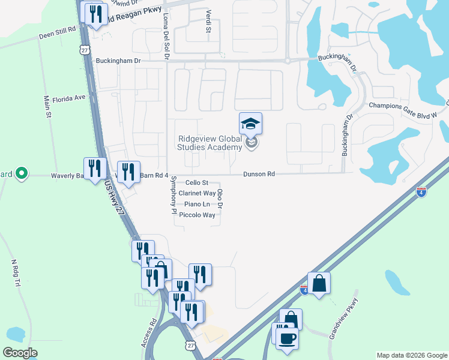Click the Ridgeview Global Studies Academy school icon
pos(250,124)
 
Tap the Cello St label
pos(196,182)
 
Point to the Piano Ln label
pos(197,204)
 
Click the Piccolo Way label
pos(197,215)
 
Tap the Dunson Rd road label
pos(259,174)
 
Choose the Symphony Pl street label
pos(173,196)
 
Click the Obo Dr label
pos(220,199)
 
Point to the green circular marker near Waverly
pos(22,174)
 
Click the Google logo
pos(20,352)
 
